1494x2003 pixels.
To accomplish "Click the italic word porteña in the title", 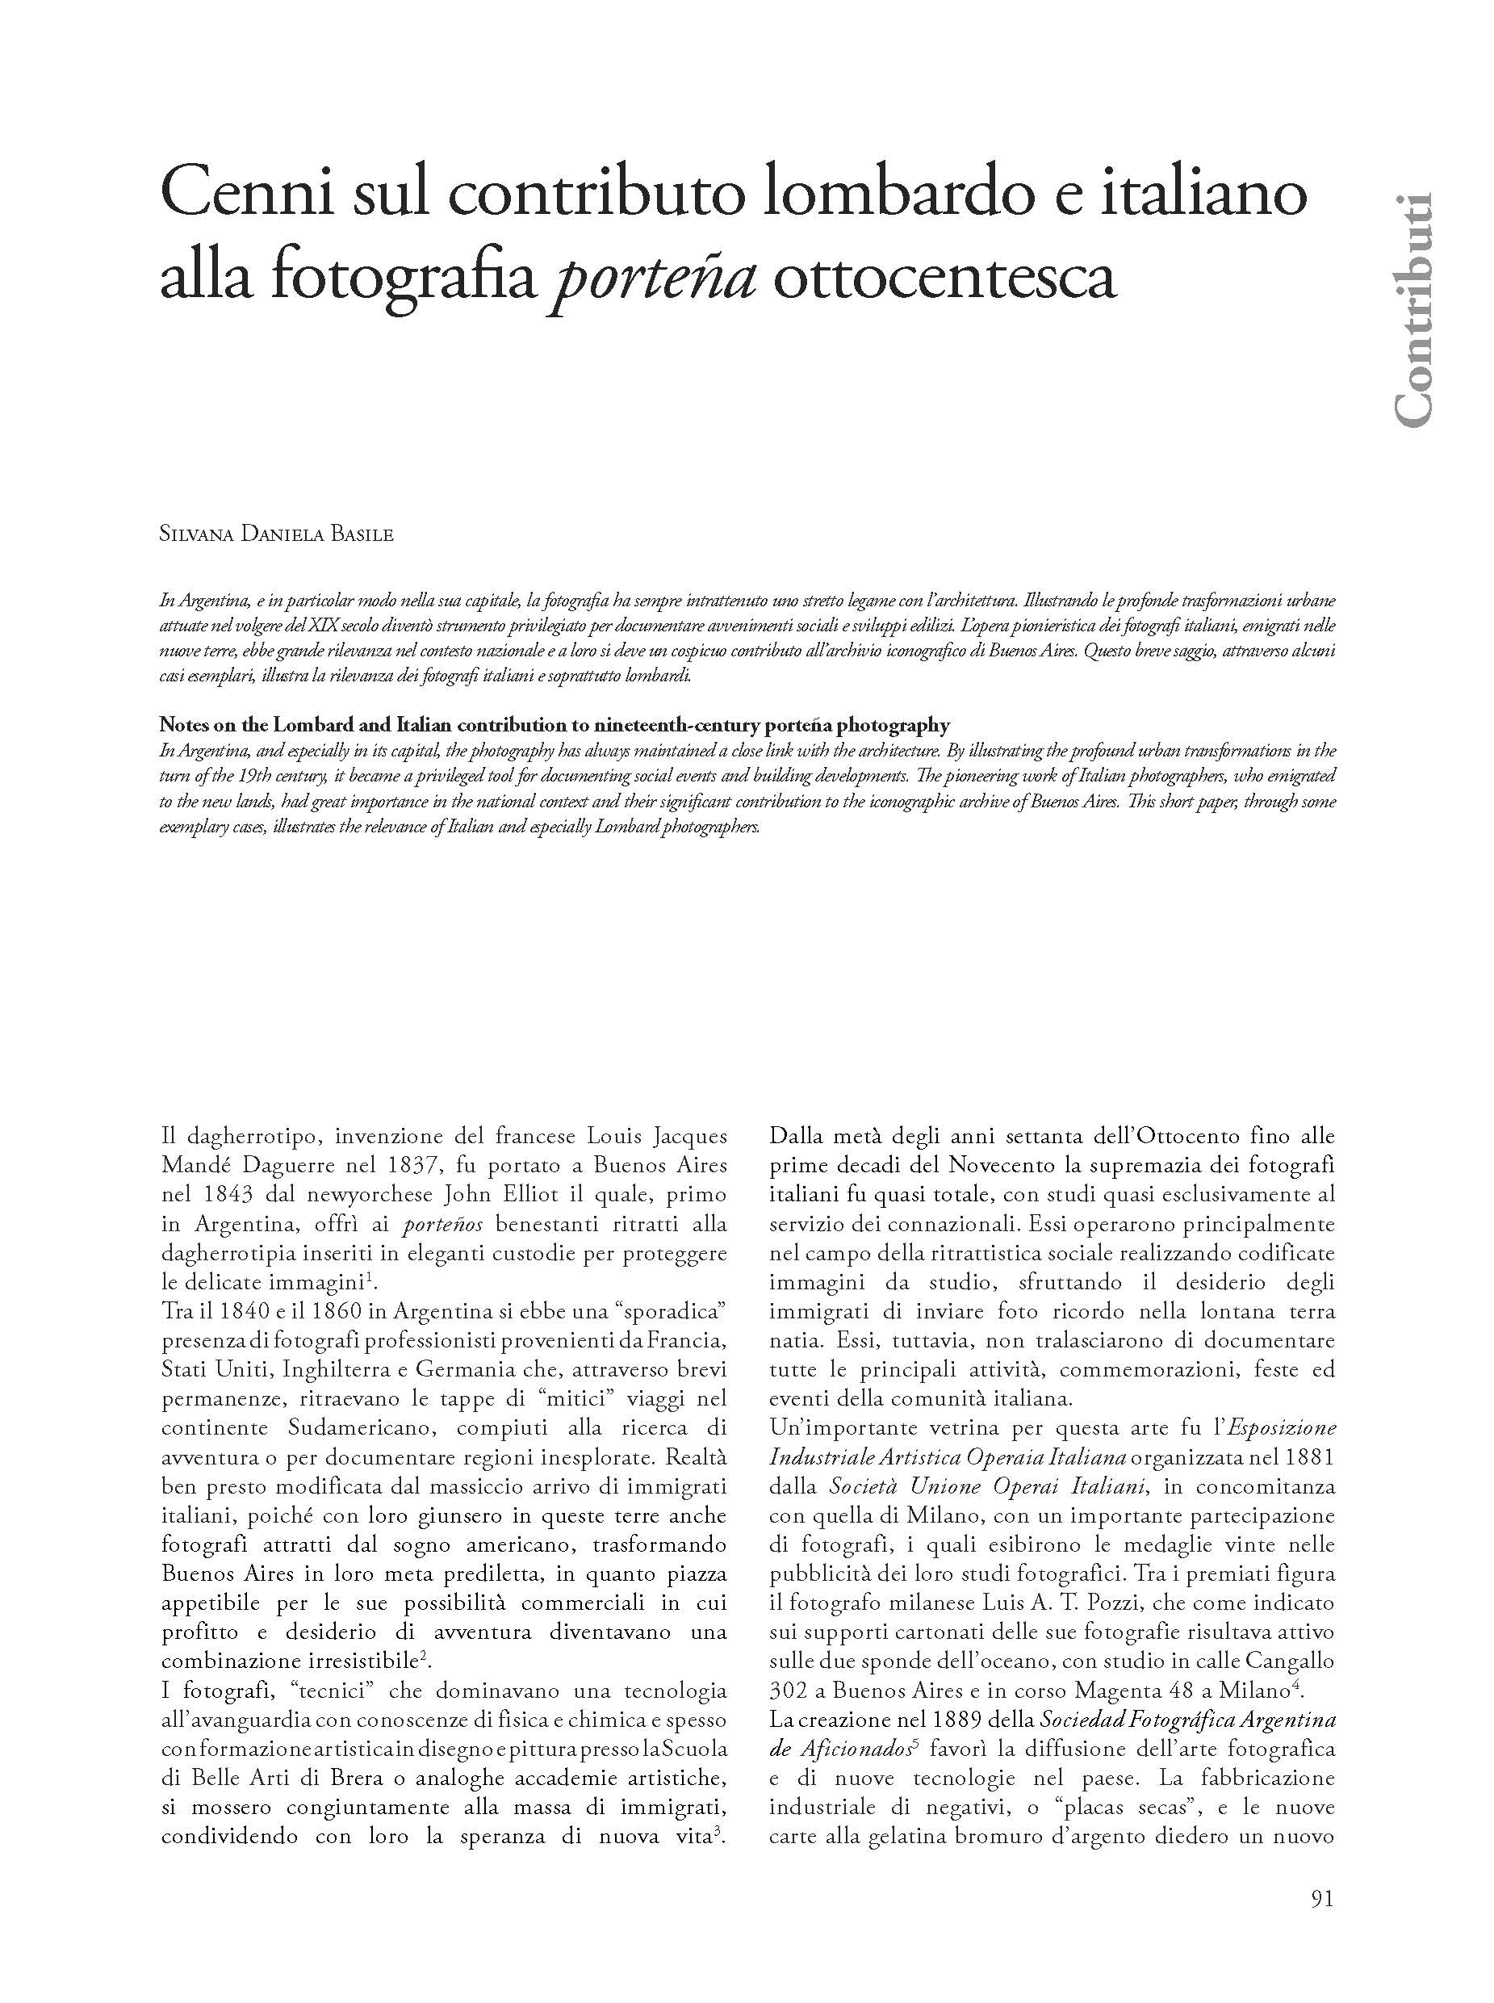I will (x=653, y=278).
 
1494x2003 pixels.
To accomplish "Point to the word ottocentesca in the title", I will (x=944, y=278).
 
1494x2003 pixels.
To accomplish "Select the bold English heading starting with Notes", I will (x=554, y=725).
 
